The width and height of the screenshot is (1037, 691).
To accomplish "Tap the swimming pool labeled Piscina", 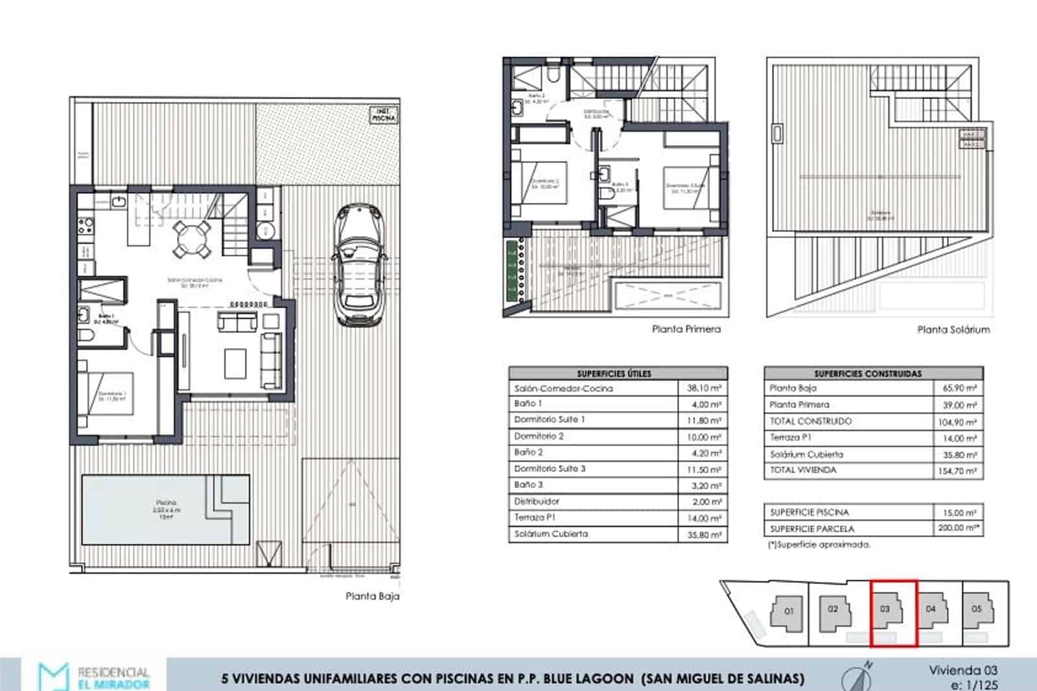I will pos(165,510).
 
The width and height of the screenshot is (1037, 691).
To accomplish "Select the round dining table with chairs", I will pos(192,237).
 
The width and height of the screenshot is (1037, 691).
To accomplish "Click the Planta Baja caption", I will pos(372,596).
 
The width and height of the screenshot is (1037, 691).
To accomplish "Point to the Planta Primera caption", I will pos(686,329).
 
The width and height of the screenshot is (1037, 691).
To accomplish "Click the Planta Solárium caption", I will pos(953,329).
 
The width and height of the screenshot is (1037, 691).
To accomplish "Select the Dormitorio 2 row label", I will pos(539,436).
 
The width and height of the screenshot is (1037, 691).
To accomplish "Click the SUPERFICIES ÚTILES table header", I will pos(614,373).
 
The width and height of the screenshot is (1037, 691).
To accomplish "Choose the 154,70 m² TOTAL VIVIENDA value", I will pos(957,471).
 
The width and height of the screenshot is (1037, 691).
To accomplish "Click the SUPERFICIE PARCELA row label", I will pos(811,528).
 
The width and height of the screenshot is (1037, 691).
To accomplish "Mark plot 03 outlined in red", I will pos(892,613).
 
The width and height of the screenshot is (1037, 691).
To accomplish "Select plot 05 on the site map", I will pos(977,609).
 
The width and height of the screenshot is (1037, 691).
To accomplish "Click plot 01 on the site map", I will pos(788,611).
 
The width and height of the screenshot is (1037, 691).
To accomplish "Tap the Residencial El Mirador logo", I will pos(94,677).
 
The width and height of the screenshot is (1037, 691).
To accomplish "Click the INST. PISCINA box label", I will pos(383,115).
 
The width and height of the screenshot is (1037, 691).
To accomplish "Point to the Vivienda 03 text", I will pos(962,670).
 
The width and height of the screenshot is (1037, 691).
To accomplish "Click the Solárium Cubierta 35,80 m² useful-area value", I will pos(704,535).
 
